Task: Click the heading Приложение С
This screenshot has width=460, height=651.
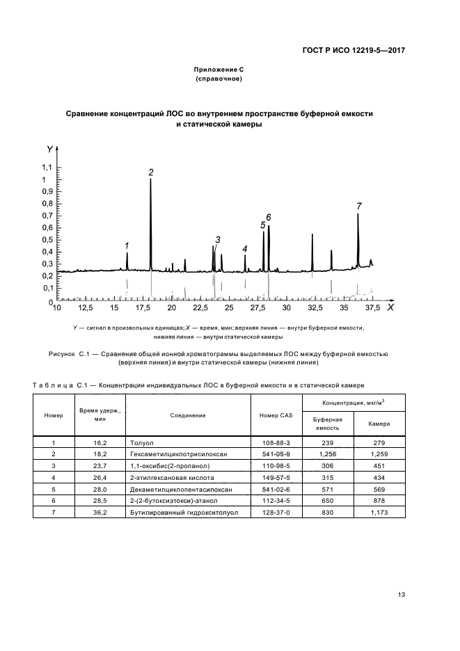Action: coord(217,70)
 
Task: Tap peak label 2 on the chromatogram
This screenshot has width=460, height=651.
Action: coord(151,172)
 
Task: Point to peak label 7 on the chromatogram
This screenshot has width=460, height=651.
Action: coord(359,206)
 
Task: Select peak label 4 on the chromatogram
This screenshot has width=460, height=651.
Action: coord(245,248)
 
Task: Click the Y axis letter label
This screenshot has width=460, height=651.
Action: coord(49,149)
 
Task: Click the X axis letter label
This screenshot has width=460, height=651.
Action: coord(390,307)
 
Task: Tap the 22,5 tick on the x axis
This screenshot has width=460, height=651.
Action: coord(200,307)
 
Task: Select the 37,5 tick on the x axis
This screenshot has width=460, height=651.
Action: coord(373,307)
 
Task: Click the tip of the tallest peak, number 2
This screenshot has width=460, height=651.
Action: coord(151,179)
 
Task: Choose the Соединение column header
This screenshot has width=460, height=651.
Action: coord(188,416)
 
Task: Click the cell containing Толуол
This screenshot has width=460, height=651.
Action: coord(141,442)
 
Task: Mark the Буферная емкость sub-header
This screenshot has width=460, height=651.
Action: coord(327,424)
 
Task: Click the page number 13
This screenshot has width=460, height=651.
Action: coord(401,594)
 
